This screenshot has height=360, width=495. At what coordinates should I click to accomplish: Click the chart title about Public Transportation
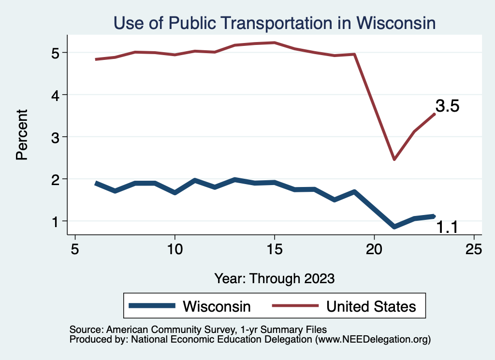274,23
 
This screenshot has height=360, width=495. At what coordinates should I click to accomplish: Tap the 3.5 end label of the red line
447,106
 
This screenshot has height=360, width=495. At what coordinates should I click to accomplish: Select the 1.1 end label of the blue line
447,227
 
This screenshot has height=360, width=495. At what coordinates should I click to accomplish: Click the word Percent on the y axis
21,135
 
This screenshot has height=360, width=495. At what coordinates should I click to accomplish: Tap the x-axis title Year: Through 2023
274,278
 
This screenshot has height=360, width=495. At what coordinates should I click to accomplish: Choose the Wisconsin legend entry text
217,306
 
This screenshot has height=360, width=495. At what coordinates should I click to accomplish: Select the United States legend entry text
371,306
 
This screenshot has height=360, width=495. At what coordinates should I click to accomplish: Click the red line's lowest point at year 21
394,159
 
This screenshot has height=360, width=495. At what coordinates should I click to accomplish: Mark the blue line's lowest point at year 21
394,226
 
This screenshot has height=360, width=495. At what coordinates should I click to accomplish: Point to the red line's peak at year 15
275,43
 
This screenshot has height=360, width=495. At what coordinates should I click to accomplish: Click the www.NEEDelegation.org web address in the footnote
372,340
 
